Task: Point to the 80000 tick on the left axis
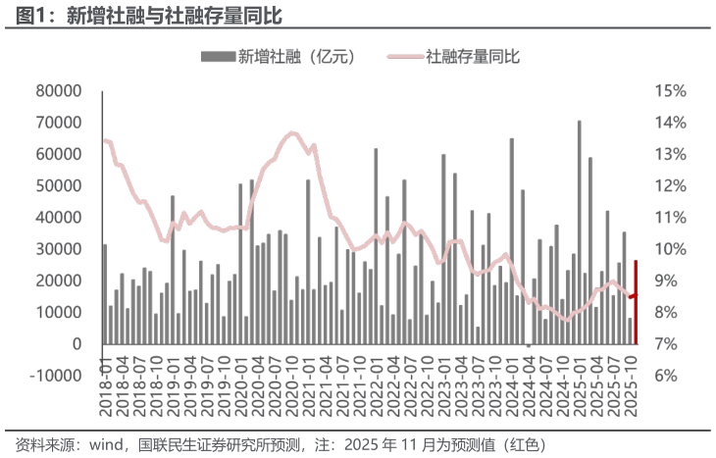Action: pyautogui.click(x=57, y=91)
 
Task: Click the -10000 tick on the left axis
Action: pyautogui.click(x=51, y=376)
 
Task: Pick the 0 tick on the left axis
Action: pyautogui.click(x=76, y=344)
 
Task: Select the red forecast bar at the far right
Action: pyautogui.click(x=636, y=302)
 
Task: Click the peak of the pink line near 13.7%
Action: pyautogui.click(x=292, y=132)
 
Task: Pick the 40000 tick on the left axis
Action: pyautogui.click(x=57, y=218)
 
